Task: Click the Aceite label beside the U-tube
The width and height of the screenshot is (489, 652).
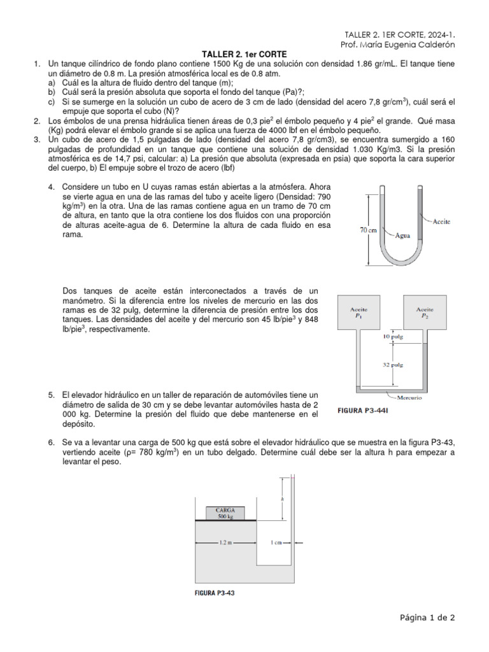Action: [441, 222]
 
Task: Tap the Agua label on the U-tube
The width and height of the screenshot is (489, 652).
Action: [402, 234]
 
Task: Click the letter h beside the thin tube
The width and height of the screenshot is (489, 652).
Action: [281, 500]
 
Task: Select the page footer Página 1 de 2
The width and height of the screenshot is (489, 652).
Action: [427, 617]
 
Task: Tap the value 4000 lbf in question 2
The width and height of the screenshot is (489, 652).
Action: [309, 128]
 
